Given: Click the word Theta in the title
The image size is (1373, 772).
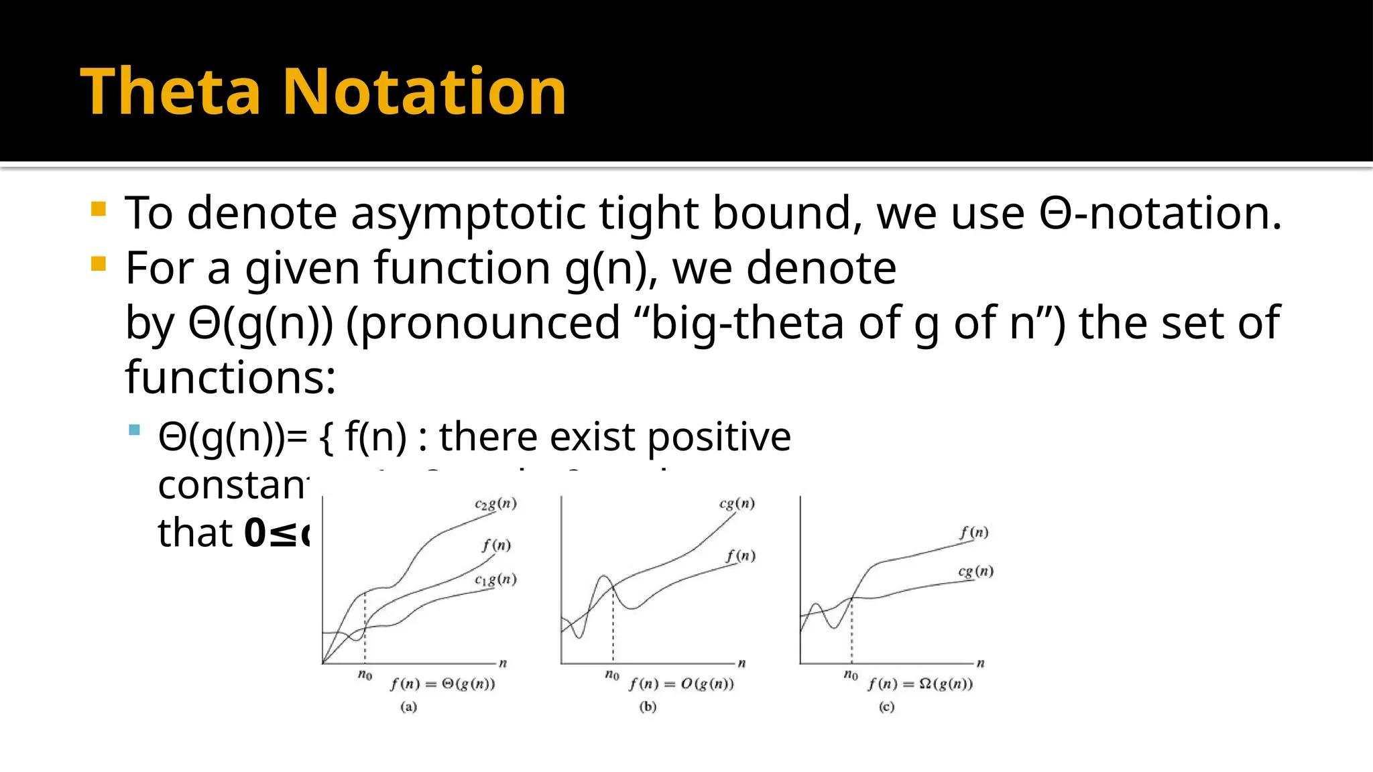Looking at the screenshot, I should [x=170, y=92].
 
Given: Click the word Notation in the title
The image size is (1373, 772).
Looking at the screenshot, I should [x=424, y=92].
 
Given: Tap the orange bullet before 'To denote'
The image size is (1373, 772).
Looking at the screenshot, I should [x=99, y=209].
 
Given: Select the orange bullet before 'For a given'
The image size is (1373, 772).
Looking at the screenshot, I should [x=99, y=263].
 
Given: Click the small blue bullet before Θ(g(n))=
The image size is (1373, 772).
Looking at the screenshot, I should [x=135, y=430].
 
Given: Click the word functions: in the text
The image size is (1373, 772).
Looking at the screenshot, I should [x=230, y=378].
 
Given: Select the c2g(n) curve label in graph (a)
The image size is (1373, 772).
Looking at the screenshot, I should [x=495, y=504].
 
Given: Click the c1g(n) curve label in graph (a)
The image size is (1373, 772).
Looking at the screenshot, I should [x=495, y=580].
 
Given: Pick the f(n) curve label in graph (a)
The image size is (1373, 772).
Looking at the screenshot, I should [x=496, y=545].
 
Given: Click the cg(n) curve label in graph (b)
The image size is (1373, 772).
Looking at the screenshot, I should [x=737, y=503].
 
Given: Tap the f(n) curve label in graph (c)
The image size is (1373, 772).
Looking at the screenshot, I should [x=973, y=533].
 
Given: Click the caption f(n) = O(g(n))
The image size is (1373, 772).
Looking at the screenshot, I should [x=681, y=684].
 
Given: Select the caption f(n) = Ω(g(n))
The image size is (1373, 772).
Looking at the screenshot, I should [x=920, y=684].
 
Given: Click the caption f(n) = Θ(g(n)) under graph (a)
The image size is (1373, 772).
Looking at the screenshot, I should [x=442, y=684].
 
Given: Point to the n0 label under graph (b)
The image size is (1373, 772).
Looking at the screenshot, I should [x=611, y=675].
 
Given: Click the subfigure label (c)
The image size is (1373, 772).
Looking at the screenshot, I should [x=886, y=707].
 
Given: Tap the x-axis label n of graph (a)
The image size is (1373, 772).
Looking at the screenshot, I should [x=503, y=663].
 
